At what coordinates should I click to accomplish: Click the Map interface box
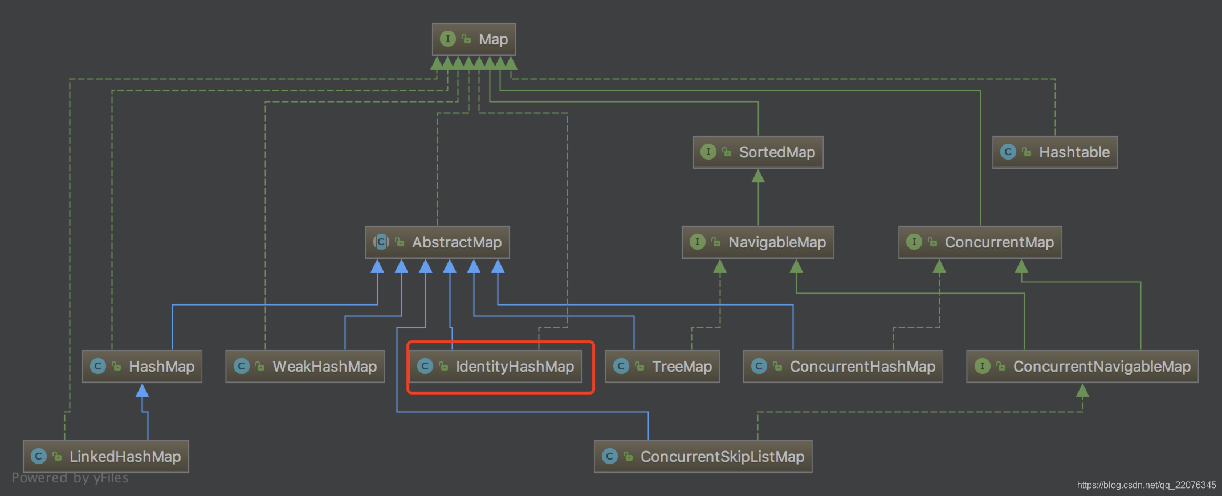tap(474, 39)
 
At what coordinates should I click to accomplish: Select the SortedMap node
tap(757, 152)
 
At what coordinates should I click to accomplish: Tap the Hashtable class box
tap(1054, 152)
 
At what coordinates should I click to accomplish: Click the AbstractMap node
tap(437, 242)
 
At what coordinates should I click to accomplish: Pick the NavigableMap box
tap(757, 242)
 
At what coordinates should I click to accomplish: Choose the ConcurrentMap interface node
tap(980, 242)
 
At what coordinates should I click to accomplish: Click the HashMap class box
tap(142, 367)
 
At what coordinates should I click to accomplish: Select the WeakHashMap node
tap(305, 367)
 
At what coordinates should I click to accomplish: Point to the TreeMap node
tap(662, 367)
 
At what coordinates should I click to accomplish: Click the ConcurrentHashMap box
tap(842, 367)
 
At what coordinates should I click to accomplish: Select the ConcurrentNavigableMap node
tap(1082, 367)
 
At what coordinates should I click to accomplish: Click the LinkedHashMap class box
tap(106, 457)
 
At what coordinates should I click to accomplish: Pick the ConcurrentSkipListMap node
tap(703, 457)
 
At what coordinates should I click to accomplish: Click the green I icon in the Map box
tap(448, 39)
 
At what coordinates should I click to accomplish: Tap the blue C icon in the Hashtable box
tap(1008, 152)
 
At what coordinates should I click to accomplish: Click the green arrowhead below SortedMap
tap(758, 176)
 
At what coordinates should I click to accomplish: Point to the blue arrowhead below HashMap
tap(142, 391)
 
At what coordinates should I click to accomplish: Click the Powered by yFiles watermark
tap(70, 478)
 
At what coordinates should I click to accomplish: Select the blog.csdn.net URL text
tap(1146, 485)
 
